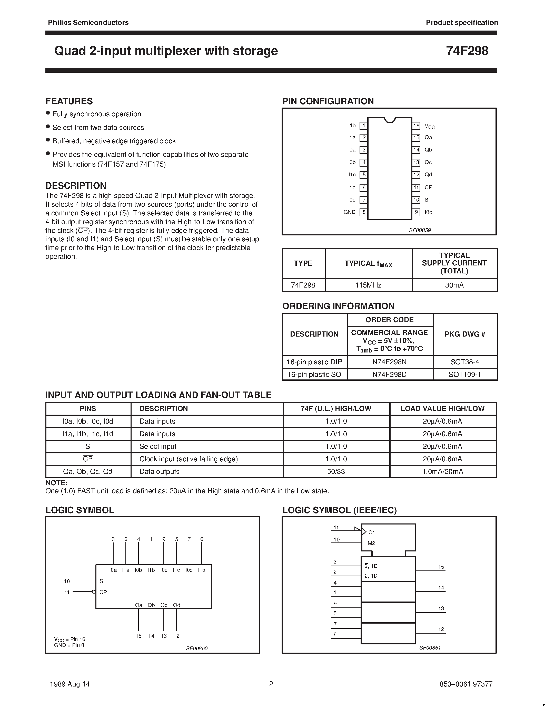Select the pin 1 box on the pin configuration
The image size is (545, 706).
click(364, 126)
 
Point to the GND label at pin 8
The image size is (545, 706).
click(349, 212)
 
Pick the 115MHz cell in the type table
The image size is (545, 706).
click(368, 285)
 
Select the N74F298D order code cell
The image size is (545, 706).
click(389, 374)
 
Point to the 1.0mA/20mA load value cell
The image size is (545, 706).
click(442, 472)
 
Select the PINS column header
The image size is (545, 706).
click(87, 409)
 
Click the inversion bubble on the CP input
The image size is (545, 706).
click(94, 592)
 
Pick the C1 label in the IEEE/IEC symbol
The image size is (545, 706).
click(372, 532)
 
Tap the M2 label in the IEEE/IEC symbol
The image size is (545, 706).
click(371, 543)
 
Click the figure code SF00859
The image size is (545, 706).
click(420, 230)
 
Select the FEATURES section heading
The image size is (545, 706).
click(69, 101)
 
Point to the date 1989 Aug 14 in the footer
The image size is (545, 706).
click(70, 684)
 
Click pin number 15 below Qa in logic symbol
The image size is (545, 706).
click(138, 636)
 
